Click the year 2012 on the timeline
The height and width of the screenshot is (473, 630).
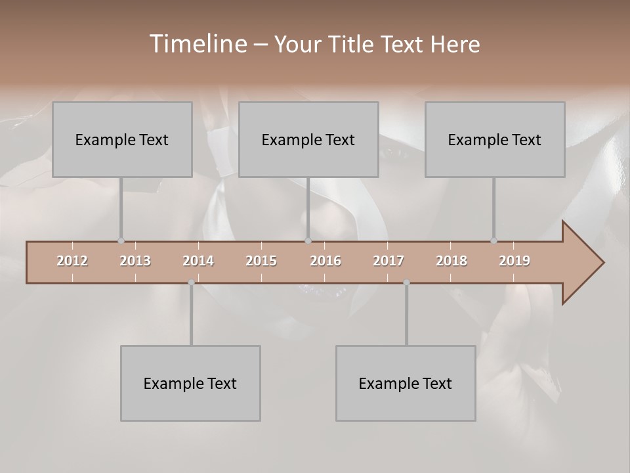pyautogui.click(x=72, y=261)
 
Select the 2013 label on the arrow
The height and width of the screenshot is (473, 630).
pyautogui.click(x=135, y=261)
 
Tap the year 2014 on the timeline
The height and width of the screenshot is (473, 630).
pyautogui.click(x=198, y=261)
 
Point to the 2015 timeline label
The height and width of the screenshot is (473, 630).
pyautogui.click(x=261, y=261)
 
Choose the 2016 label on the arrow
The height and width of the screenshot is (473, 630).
pyautogui.click(x=325, y=261)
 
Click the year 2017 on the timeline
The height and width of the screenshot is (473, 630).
pyautogui.click(x=388, y=261)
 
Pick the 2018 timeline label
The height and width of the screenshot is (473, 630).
pyautogui.click(x=451, y=261)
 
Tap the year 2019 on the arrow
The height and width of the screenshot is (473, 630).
pyautogui.click(x=514, y=261)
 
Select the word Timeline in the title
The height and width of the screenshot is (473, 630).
pyautogui.click(x=198, y=44)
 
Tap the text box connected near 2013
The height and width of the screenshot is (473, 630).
pyautogui.click(x=122, y=139)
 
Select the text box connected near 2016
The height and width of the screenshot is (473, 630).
pyautogui.click(x=308, y=139)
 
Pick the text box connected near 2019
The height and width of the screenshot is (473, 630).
pyautogui.click(x=495, y=139)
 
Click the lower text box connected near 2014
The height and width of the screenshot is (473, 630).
pyautogui.click(x=190, y=383)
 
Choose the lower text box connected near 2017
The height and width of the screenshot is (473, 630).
pyautogui.click(x=406, y=383)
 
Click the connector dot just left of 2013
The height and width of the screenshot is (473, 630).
pyautogui.click(x=121, y=241)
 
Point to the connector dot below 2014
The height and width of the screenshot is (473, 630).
pyautogui.click(x=191, y=282)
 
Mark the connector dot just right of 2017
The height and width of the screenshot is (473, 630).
pyautogui.click(x=406, y=282)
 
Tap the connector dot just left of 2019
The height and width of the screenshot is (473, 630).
pyautogui.click(x=493, y=241)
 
